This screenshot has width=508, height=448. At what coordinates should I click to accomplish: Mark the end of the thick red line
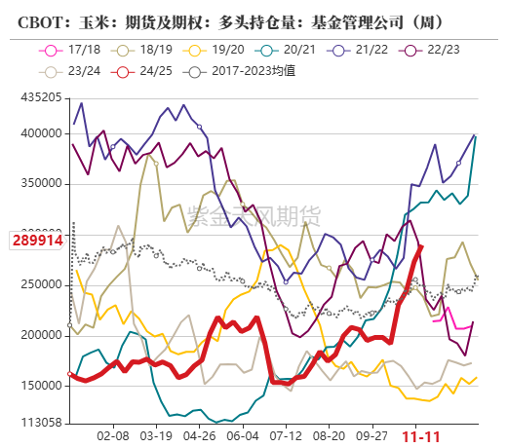421,246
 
